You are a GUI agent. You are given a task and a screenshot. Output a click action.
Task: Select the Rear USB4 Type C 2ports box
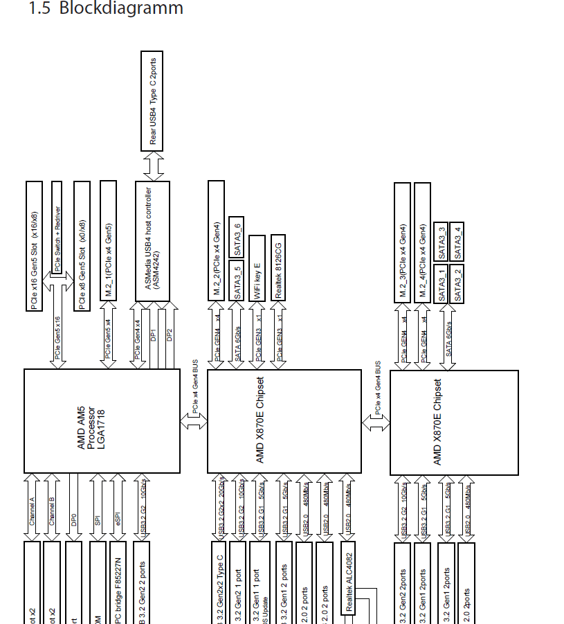point(152,100)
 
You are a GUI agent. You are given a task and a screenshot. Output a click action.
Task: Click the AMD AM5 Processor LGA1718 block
point(101,420)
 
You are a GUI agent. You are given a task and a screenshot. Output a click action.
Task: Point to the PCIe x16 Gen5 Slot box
point(34,246)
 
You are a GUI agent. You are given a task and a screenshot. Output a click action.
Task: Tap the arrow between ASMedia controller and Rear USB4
point(152,166)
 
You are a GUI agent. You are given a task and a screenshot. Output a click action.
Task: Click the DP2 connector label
point(169,335)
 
